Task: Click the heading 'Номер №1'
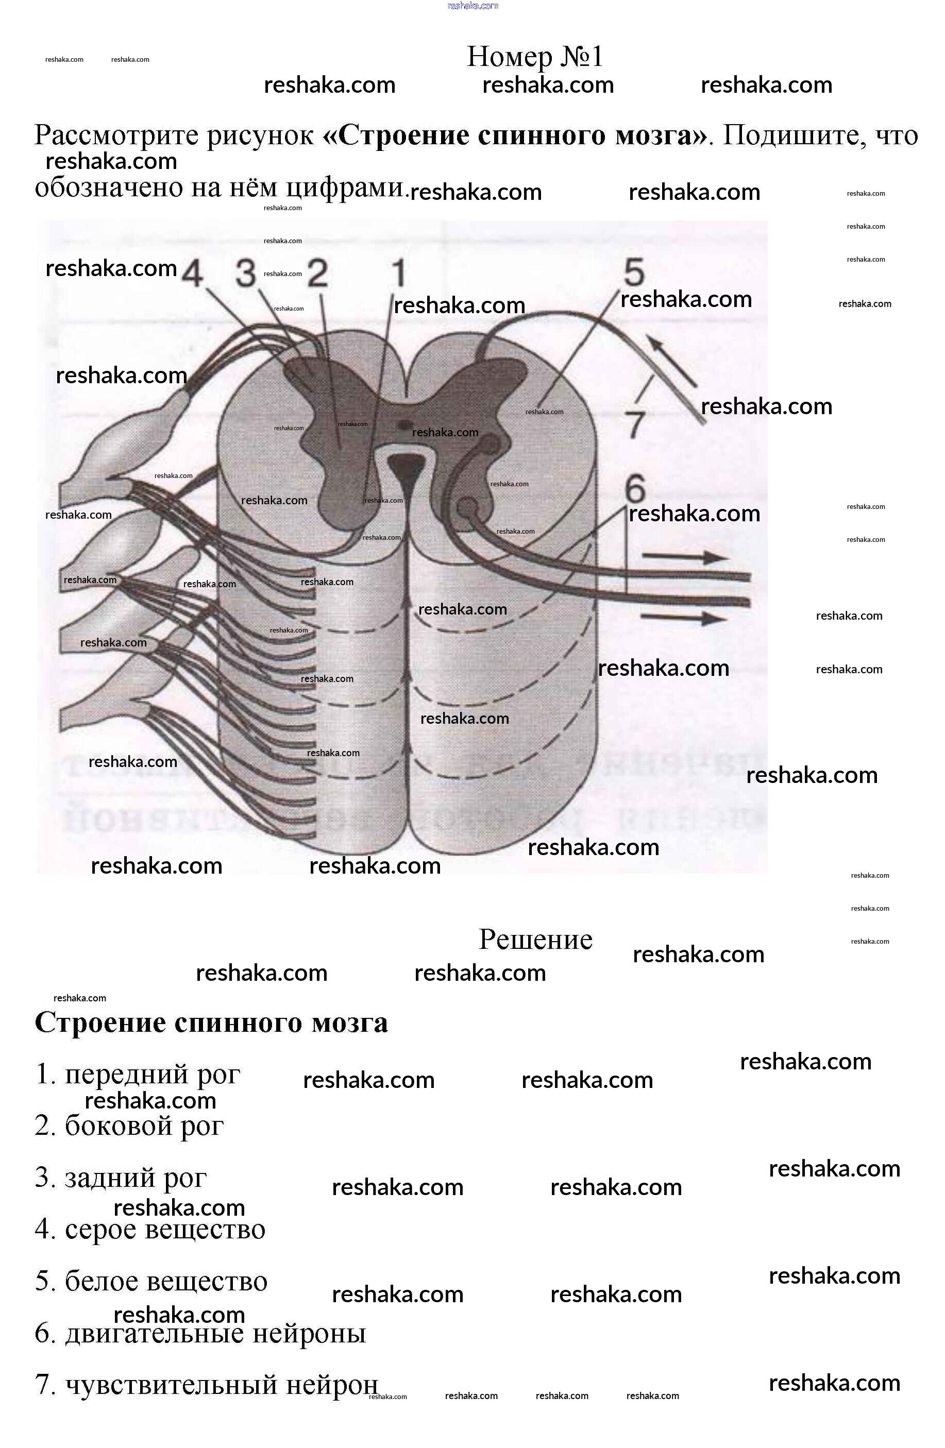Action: tap(534, 57)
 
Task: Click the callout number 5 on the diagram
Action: tap(634, 272)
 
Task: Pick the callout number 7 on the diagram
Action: tap(635, 424)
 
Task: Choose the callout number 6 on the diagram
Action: tap(635, 488)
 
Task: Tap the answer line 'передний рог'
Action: tap(138, 1074)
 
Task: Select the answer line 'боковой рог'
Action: tap(130, 1126)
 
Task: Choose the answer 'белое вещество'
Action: tap(151, 1281)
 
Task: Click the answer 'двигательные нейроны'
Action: tap(201, 1333)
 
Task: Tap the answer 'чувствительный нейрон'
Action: tap(207, 1385)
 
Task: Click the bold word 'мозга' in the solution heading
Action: tap(350, 1022)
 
